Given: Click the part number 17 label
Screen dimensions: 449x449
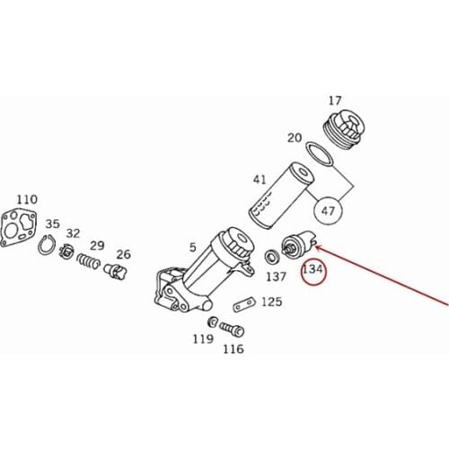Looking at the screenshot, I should pyautogui.click(x=335, y=101).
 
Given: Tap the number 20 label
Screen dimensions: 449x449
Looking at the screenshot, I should pyautogui.click(x=294, y=137).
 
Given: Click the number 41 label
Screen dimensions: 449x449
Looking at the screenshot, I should pyautogui.click(x=260, y=180).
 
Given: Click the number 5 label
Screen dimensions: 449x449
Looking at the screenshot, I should pyautogui.click(x=192, y=247).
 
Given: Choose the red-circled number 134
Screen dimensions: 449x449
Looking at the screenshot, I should pyautogui.click(x=313, y=269).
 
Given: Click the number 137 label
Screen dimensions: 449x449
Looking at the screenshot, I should pyautogui.click(x=276, y=277).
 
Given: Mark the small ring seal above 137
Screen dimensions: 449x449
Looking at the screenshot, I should pyautogui.click(x=270, y=258).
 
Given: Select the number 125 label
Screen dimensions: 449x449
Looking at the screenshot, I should pyautogui.click(x=271, y=303).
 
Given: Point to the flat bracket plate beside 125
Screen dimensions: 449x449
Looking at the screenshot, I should pyautogui.click(x=242, y=304).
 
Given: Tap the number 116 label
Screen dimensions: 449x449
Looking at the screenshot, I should pyautogui.click(x=233, y=348).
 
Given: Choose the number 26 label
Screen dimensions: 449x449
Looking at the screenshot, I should pyautogui.click(x=123, y=254).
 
